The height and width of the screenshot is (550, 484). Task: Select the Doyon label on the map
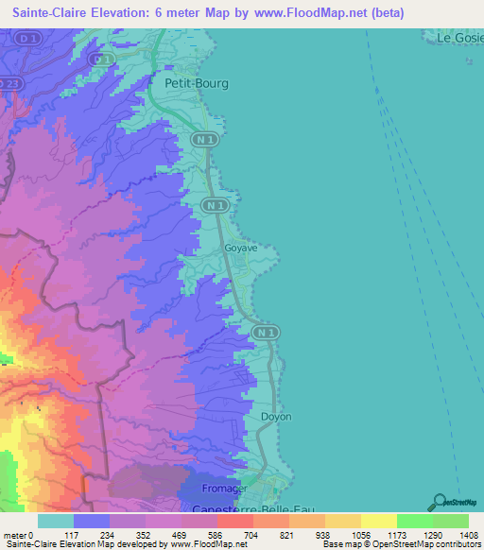click(275, 416)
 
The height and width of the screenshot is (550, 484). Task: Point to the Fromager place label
click(226, 489)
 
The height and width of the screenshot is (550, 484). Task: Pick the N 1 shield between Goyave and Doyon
click(266, 332)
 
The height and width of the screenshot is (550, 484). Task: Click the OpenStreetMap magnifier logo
click(437, 502)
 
